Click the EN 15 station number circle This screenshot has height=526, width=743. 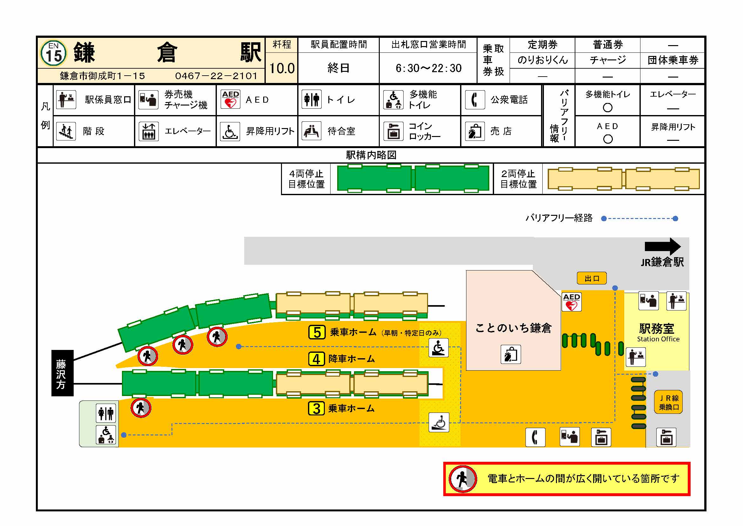coord(54,53)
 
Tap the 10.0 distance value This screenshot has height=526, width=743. coord(282,68)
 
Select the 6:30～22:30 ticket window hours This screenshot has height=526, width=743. coord(428,68)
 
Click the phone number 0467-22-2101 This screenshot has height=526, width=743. coord(216,76)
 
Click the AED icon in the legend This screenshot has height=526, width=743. coord(231,99)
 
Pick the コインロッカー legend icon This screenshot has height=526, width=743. coord(393,131)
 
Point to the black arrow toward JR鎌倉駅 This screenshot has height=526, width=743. coord(662,246)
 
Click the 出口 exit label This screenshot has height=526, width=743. coord(592,278)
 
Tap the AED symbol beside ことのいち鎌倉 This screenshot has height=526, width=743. coord(572,302)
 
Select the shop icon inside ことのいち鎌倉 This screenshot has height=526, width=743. coord(511,354)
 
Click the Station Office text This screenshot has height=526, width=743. coord(658,339)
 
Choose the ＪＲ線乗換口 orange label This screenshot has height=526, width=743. coord(669,402)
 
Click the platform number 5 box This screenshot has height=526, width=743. coord(317,332)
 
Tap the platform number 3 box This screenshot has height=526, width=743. coord(316,408)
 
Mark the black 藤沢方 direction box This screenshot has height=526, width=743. coord(62,373)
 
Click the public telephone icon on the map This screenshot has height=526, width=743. coord(535,437)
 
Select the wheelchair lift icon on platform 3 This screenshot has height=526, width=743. coord(439,422)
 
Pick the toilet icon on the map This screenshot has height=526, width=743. coord(106,413)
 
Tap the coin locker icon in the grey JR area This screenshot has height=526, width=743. coord(666,437)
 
